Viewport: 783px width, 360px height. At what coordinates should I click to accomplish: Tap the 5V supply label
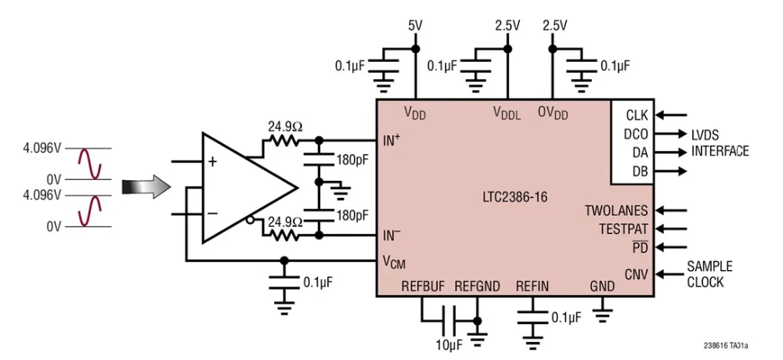pyautogui.click(x=415, y=25)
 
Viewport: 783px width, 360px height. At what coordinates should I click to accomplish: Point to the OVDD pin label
pyautogui.click(x=553, y=113)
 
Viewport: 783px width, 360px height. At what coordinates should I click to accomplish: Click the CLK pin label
pyautogui.click(x=636, y=115)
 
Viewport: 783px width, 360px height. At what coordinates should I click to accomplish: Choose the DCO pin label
pyautogui.click(x=635, y=134)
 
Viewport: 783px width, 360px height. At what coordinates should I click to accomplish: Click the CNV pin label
pyautogui.click(x=635, y=274)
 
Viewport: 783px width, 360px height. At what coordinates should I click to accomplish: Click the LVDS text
pyautogui.click(x=705, y=134)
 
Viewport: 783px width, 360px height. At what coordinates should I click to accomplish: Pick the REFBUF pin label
pyautogui.click(x=422, y=286)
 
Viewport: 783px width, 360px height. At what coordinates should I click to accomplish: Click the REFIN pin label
pyautogui.click(x=532, y=286)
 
